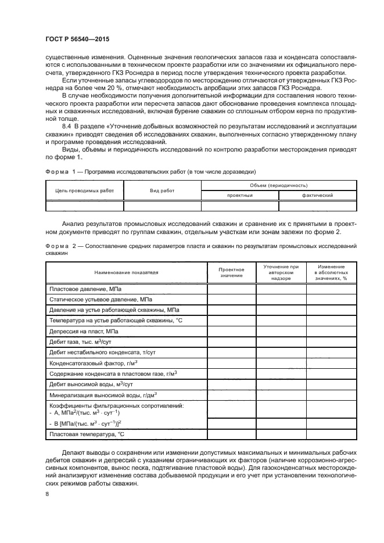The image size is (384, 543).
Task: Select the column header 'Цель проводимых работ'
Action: click(x=84, y=190)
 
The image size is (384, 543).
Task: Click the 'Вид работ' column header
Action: click(x=162, y=190)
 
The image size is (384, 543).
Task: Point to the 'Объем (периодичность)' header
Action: click(x=278, y=185)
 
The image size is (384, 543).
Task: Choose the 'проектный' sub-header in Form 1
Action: click(x=239, y=196)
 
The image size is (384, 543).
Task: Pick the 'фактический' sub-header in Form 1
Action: click(x=317, y=196)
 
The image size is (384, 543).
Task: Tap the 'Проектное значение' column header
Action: click(x=231, y=272)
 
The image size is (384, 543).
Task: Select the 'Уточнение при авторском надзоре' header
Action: click(x=280, y=272)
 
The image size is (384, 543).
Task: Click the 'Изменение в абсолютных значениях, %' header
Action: click(x=330, y=272)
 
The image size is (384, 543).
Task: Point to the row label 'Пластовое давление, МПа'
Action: click(x=85, y=289)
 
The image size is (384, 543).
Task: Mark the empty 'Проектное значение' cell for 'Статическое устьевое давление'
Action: click(x=231, y=299)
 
